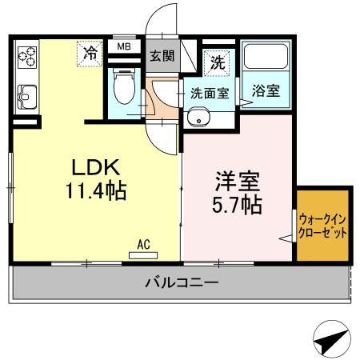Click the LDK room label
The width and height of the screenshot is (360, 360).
point(96,168)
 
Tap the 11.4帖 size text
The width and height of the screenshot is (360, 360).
point(96,192)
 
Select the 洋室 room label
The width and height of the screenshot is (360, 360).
point(237,180)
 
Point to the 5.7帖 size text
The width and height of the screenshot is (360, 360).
point(237,205)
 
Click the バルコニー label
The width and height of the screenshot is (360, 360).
point(182,282)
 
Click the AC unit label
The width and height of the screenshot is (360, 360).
point(144,244)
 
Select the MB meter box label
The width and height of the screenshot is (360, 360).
point(124,46)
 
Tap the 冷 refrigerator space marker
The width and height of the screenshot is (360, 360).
point(91,54)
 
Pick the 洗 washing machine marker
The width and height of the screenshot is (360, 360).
point(218,61)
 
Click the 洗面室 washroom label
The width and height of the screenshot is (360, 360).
point(209,93)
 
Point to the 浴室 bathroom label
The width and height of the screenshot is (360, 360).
point(265,90)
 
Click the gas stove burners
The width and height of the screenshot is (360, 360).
point(27,57)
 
